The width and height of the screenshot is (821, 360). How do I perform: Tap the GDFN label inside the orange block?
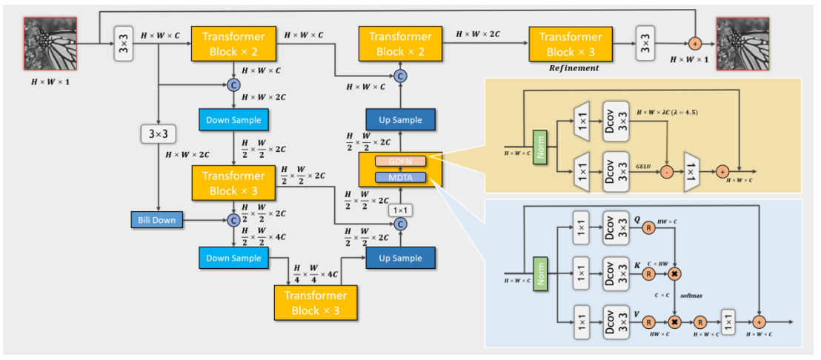pyautogui.click(x=400, y=161)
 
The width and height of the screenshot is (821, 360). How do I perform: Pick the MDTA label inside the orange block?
pyautogui.click(x=400, y=178)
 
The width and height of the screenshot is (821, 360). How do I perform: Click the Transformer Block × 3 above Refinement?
pyautogui.click(x=571, y=44)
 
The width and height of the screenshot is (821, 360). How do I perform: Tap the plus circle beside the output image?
pyautogui.click(x=695, y=44)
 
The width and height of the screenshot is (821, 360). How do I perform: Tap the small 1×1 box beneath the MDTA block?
pyautogui.click(x=400, y=210)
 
